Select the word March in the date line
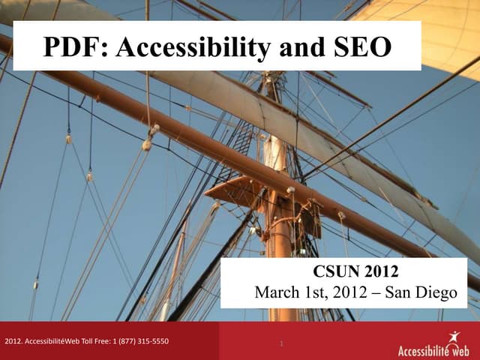[277, 292]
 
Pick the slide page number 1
[280, 344]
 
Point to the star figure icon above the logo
[452, 337]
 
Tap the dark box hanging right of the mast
[308, 217]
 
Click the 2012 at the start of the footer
[13, 342]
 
